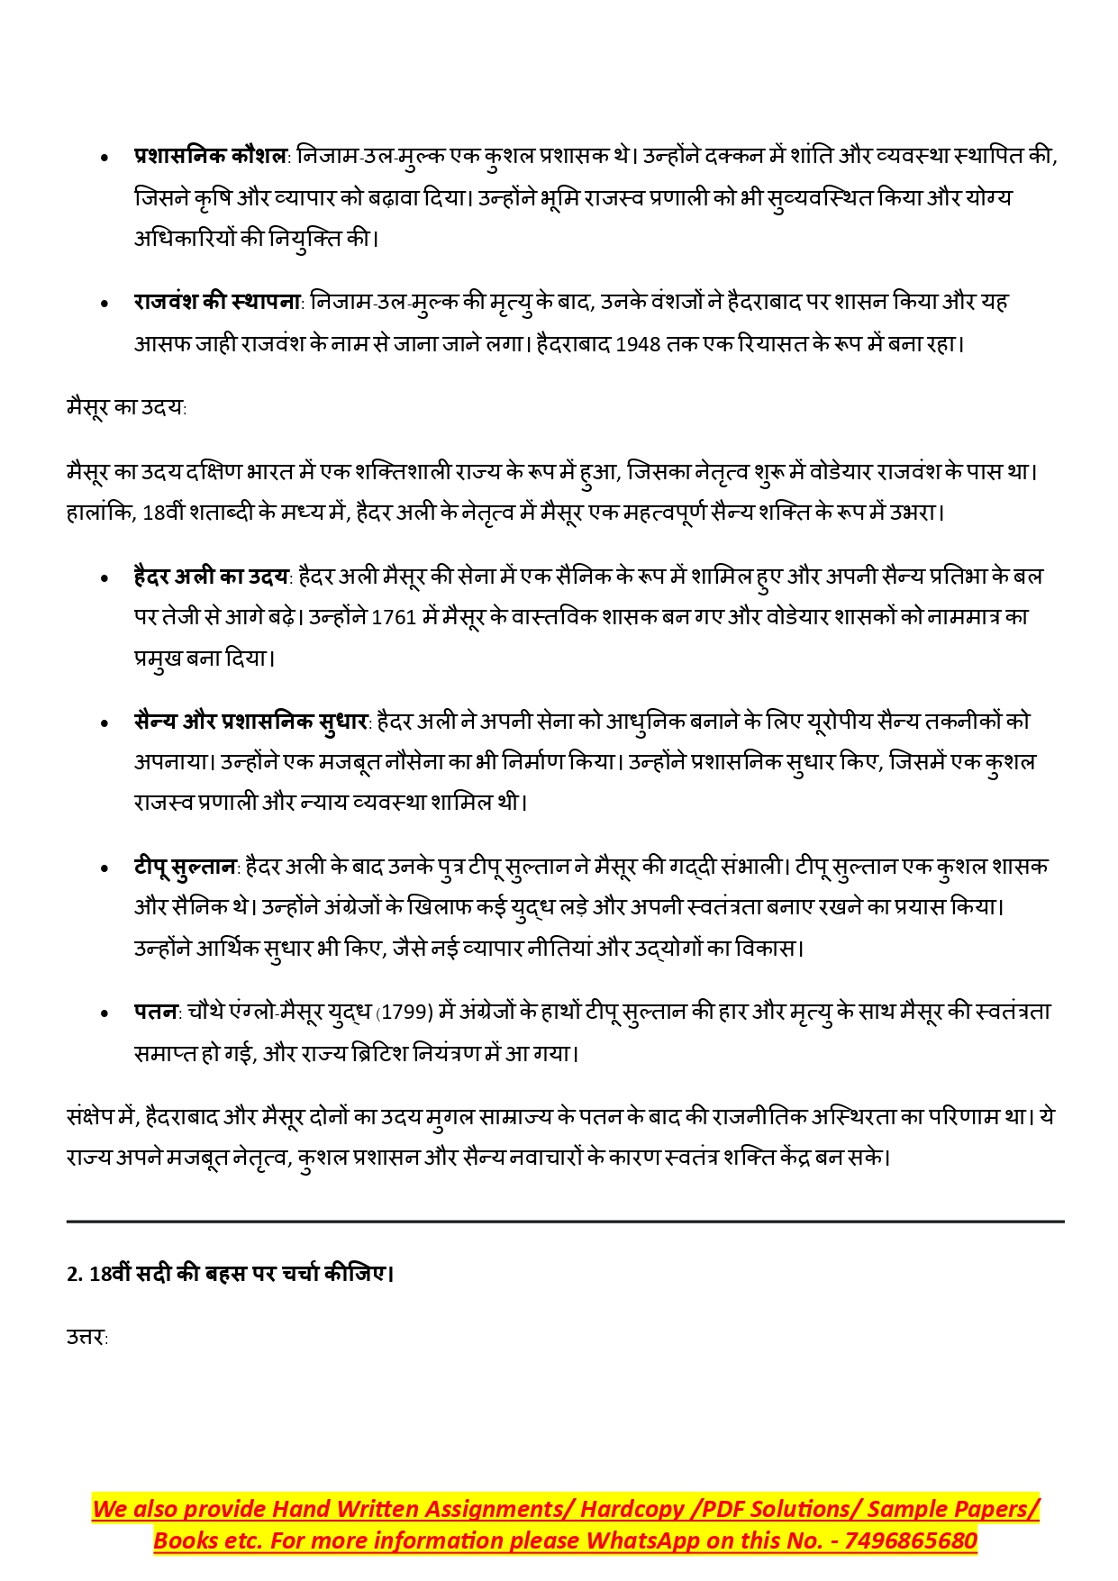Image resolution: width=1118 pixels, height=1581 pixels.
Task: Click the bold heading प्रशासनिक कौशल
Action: [x=210, y=156]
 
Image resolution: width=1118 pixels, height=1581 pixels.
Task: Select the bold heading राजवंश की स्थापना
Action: [x=217, y=302]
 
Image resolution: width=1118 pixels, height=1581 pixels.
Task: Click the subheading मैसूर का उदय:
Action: [x=126, y=407]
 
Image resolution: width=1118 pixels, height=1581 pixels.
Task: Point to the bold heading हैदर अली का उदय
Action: [x=212, y=577]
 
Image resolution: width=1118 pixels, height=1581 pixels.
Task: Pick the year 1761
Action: [x=394, y=618]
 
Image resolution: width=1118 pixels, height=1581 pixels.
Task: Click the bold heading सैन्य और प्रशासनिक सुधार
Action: [x=251, y=722]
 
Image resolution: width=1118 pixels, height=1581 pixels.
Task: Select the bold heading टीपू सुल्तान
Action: [x=185, y=867]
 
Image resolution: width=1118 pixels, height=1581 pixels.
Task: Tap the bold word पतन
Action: [x=156, y=1012]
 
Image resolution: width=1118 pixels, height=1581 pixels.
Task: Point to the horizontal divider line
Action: [x=565, y=1222]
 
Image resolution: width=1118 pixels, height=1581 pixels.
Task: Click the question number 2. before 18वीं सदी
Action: [x=75, y=1274]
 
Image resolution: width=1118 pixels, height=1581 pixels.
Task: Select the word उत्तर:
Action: [x=86, y=1337]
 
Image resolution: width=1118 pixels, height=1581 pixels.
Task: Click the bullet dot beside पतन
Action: [x=105, y=1013]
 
